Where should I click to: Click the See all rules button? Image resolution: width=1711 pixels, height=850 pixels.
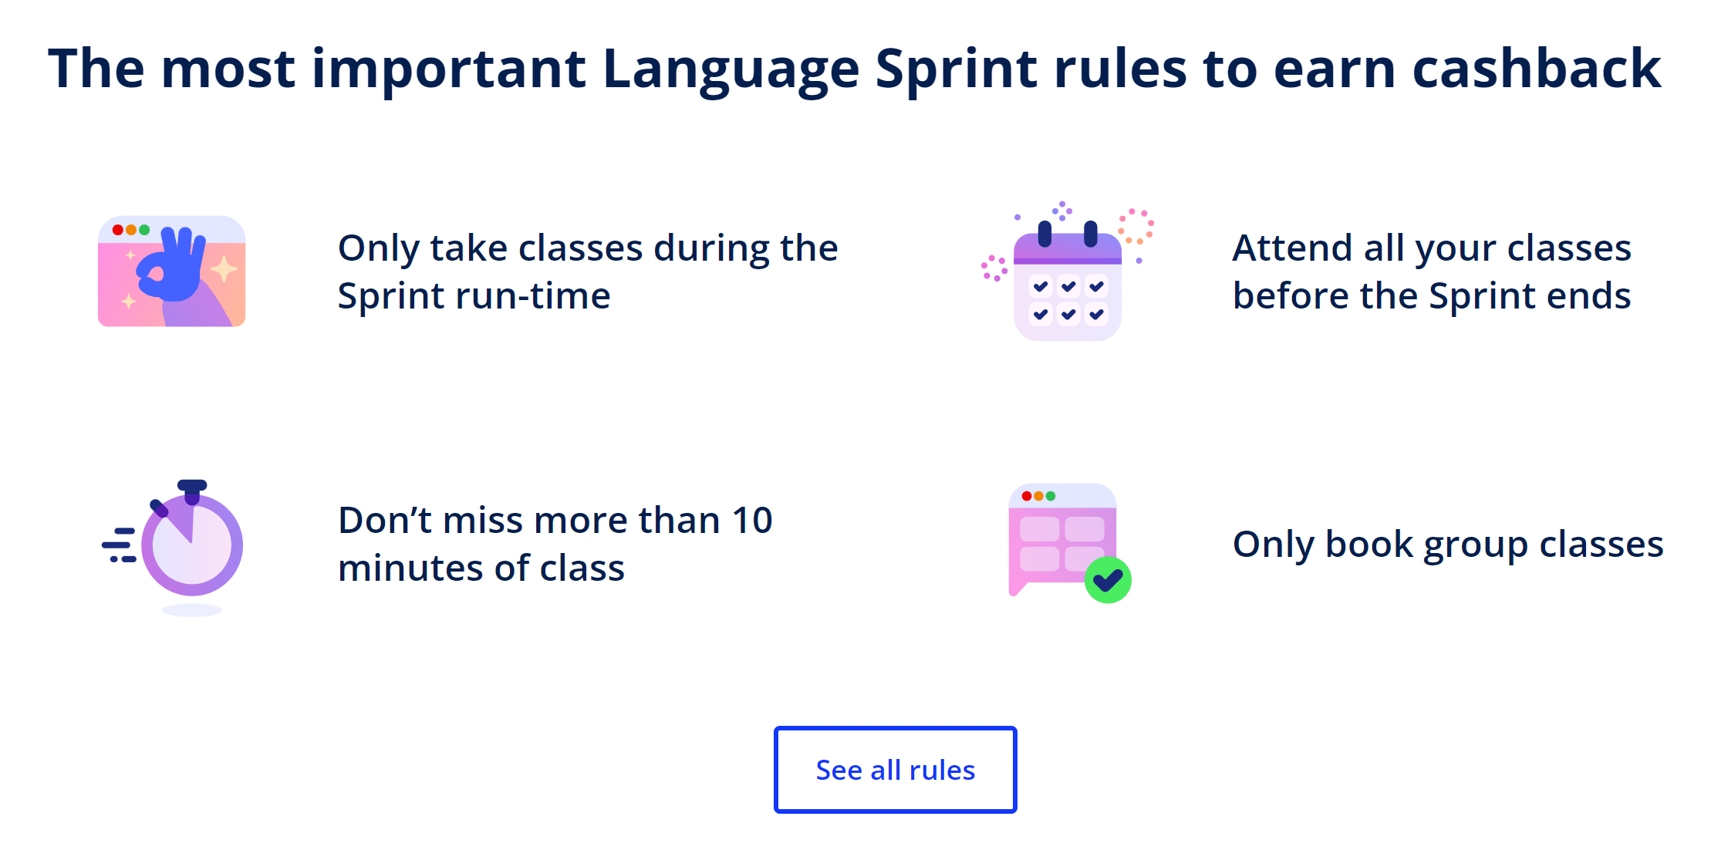tap(895, 770)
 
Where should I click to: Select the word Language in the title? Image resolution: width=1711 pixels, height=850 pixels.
tap(731, 70)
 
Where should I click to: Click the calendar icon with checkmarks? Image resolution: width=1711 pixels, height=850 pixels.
tap(1068, 282)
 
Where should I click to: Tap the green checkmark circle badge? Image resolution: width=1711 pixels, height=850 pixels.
tap(1108, 580)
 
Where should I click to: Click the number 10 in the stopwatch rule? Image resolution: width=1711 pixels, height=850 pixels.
tap(751, 521)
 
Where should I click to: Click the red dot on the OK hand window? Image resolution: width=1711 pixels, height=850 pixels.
tap(118, 230)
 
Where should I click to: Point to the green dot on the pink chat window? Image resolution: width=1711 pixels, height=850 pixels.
tap(1051, 496)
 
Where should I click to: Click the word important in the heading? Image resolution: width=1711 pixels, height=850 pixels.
tap(448, 70)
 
